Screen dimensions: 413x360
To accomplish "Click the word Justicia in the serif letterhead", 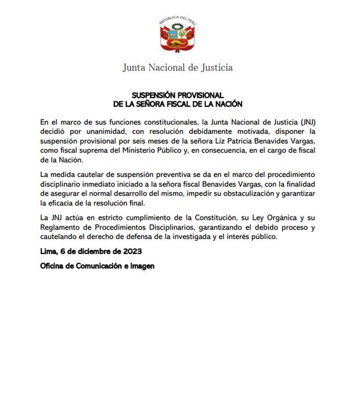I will (x=214, y=67).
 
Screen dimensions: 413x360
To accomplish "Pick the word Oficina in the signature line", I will (x=53, y=266).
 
